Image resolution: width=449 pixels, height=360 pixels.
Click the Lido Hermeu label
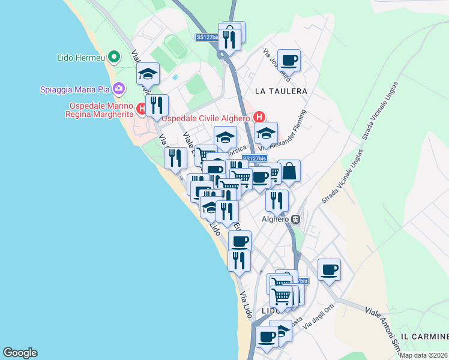(x=80, y=58)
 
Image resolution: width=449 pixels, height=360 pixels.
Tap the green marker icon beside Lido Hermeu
(x=116, y=58)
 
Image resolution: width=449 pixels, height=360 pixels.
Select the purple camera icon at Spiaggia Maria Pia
(x=118, y=89)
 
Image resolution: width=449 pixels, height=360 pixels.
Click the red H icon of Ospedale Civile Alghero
(x=259, y=117)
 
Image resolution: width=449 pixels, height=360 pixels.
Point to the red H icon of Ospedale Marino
(x=141, y=109)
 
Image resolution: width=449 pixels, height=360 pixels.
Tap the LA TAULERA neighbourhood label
(x=281, y=91)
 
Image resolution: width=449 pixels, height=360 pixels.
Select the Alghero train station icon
(x=296, y=220)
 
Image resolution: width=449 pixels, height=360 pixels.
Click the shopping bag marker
(x=289, y=172)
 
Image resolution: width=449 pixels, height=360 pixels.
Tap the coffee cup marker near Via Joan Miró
(x=289, y=61)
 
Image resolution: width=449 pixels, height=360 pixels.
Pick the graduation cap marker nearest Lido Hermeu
(x=148, y=74)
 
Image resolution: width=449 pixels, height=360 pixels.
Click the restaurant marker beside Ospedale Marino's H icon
(x=157, y=106)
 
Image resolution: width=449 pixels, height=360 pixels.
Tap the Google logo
(x=20, y=353)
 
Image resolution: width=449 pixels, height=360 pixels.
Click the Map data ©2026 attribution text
(x=423, y=355)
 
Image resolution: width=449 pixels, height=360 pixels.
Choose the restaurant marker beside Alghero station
(x=277, y=200)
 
